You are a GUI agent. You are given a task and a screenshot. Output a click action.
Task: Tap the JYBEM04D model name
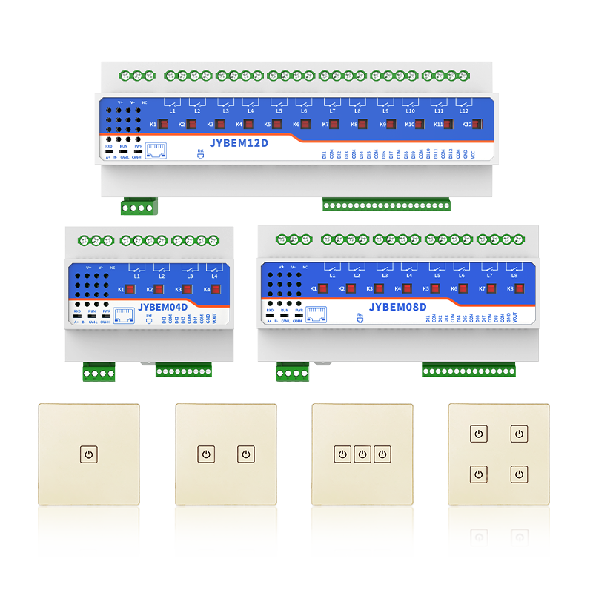[x=163, y=305]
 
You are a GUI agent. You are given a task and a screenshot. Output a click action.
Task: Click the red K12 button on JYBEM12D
[x=477, y=125]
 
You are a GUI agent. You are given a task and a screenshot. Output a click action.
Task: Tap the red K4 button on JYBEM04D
[x=217, y=290]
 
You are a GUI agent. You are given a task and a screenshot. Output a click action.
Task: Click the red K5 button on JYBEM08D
[x=437, y=288]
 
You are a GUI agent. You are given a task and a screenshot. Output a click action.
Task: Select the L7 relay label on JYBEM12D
[x=332, y=111]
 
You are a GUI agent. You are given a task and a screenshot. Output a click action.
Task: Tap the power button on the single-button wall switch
[x=89, y=454]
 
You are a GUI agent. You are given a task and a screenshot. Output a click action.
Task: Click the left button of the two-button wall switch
[x=205, y=454]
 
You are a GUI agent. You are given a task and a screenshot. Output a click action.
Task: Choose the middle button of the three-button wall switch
[x=362, y=454]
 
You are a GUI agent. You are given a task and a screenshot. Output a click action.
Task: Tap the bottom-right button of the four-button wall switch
[x=520, y=474]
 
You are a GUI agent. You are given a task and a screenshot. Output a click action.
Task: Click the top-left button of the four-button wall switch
[x=480, y=434]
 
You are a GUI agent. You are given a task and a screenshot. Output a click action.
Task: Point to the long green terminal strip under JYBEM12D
[x=386, y=204]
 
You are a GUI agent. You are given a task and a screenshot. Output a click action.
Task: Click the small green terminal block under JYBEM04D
[x=99, y=372]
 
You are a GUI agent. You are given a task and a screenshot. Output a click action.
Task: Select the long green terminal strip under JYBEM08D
[x=468, y=368]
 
